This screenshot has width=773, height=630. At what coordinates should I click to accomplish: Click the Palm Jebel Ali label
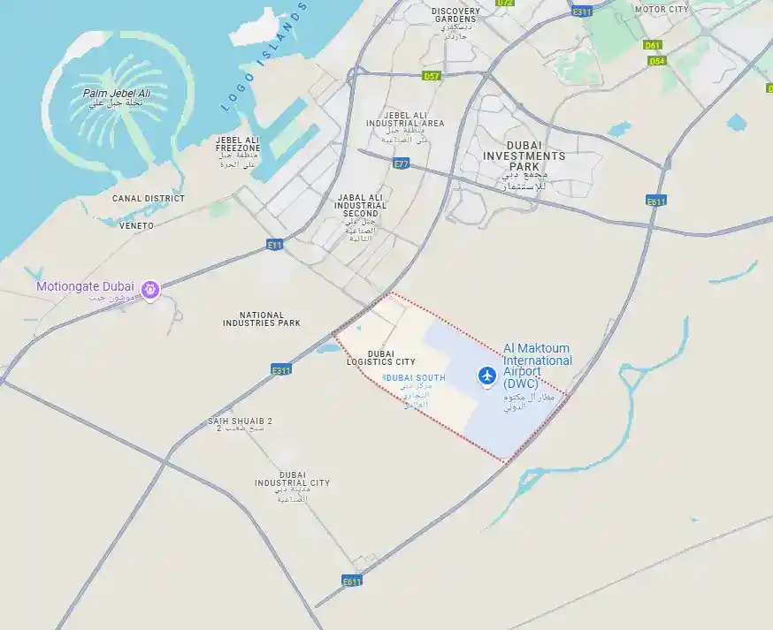(117, 94)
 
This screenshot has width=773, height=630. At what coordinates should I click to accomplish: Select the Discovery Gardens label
(455, 16)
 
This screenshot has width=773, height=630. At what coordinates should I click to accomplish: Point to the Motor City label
(661, 10)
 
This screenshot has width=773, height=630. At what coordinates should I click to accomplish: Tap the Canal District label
(149, 199)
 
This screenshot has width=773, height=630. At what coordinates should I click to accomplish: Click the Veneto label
(136, 225)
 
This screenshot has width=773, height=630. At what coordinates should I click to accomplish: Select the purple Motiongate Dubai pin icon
(150, 288)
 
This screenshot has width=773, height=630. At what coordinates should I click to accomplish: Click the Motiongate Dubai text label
(85, 286)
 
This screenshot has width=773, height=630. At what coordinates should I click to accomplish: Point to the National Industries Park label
(262, 319)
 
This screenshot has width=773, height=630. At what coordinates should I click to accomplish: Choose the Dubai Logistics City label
(380, 357)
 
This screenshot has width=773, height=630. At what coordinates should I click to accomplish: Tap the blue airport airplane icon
(486, 376)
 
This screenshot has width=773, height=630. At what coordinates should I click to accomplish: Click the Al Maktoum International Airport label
(538, 361)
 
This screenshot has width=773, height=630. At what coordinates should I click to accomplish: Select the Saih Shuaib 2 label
(240, 421)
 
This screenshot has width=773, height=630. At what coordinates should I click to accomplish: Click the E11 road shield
(274, 244)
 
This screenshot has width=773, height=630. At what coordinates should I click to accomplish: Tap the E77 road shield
(402, 163)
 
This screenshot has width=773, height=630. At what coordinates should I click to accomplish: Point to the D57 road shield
(431, 76)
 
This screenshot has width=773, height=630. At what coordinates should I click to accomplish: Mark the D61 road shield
(653, 45)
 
